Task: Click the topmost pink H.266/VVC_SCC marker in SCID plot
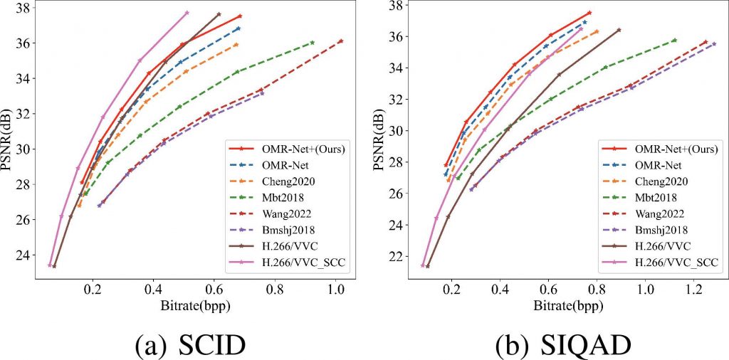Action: click(x=187, y=12)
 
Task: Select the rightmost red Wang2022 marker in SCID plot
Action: click(x=341, y=41)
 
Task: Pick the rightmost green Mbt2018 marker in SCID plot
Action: click(x=313, y=43)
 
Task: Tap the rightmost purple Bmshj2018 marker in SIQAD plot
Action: click(x=714, y=43)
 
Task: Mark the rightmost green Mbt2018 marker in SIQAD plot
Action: click(x=674, y=40)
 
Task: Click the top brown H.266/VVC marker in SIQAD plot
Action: click(x=619, y=30)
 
